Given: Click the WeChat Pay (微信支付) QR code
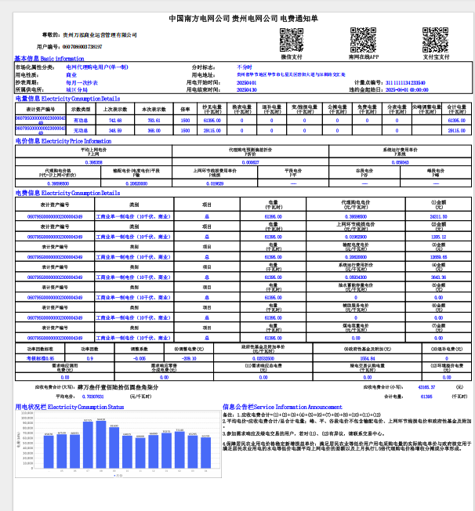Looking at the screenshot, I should (292, 39).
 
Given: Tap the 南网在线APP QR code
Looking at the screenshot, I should (364, 39).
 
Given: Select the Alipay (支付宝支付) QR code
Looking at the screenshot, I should (436, 39).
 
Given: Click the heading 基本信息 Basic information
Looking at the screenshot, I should (49, 59).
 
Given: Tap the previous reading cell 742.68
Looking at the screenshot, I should (115, 121).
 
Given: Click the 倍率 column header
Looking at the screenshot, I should (186, 110).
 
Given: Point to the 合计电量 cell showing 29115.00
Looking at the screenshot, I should (456, 130).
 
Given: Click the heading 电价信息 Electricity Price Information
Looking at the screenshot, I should (58, 141).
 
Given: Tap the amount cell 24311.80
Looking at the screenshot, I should (439, 216).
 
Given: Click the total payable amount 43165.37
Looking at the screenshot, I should (426, 387).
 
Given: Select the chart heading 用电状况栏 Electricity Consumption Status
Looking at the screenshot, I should (70, 407).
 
